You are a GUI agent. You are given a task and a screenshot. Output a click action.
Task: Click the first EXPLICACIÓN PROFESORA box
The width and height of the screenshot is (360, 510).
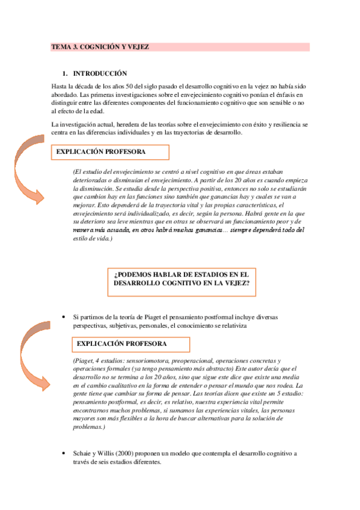click(x=101, y=152)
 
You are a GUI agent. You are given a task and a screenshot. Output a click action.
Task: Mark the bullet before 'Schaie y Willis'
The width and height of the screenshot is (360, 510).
click(x=64, y=453)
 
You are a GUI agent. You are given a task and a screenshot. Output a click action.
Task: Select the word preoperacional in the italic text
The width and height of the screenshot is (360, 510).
click(x=195, y=360)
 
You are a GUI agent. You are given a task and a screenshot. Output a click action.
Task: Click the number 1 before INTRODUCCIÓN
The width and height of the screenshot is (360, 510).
click(x=65, y=73)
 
